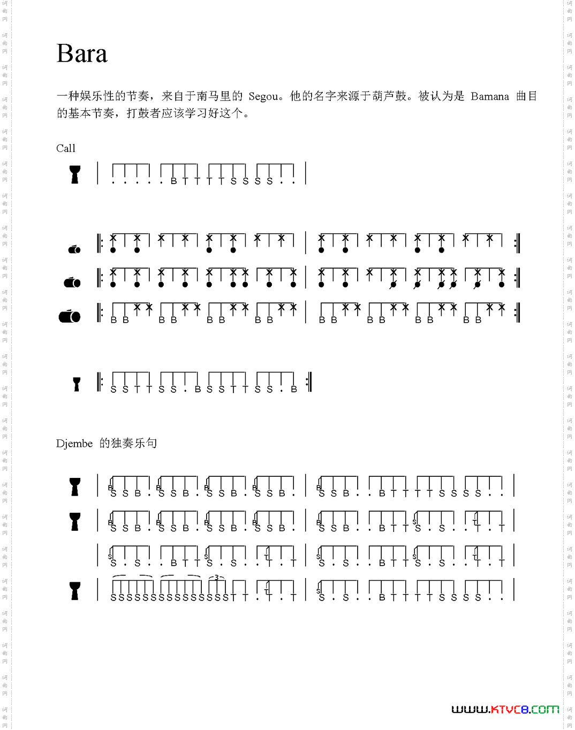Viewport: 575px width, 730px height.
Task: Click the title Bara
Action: tap(82, 54)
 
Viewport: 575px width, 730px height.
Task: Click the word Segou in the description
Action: tap(263, 96)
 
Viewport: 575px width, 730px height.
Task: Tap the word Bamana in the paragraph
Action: tap(489, 96)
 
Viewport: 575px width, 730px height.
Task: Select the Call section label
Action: tap(66, 148)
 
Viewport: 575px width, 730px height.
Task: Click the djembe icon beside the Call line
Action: tap(75, 174)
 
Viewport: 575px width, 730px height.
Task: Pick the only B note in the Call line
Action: tap(173, 181)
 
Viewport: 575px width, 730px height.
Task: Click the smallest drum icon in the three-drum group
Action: tap(74, 249)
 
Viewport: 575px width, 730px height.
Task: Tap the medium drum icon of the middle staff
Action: tap(72, 282)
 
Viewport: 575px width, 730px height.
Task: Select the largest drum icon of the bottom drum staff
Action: tap(70, 316)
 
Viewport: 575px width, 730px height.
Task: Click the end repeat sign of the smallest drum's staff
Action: tap(517, 243)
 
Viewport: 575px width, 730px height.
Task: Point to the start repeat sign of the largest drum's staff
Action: tap(100, 312)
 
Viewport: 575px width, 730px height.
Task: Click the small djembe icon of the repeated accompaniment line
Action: tap(77, 384)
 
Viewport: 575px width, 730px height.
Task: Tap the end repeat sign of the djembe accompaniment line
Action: tap(308, 382)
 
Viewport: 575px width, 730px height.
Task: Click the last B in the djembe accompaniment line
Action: tap(294, 390)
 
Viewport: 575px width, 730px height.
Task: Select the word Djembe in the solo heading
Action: tap(74, 444)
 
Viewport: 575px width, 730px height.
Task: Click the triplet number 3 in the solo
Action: tap(216, 577)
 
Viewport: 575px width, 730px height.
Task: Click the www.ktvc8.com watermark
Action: tap(505, 710)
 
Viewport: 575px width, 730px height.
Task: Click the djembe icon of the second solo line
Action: tap(75, 521)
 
